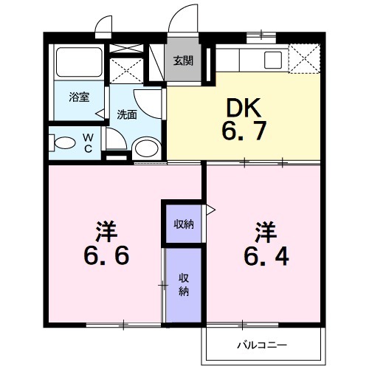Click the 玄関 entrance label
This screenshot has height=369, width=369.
pos(183,61)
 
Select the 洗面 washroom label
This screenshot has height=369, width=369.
pos(127,114)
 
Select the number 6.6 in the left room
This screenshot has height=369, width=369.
pos(106,255)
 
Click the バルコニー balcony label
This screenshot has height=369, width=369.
pos(261,344)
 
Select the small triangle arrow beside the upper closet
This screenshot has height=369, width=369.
pos(210,211)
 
